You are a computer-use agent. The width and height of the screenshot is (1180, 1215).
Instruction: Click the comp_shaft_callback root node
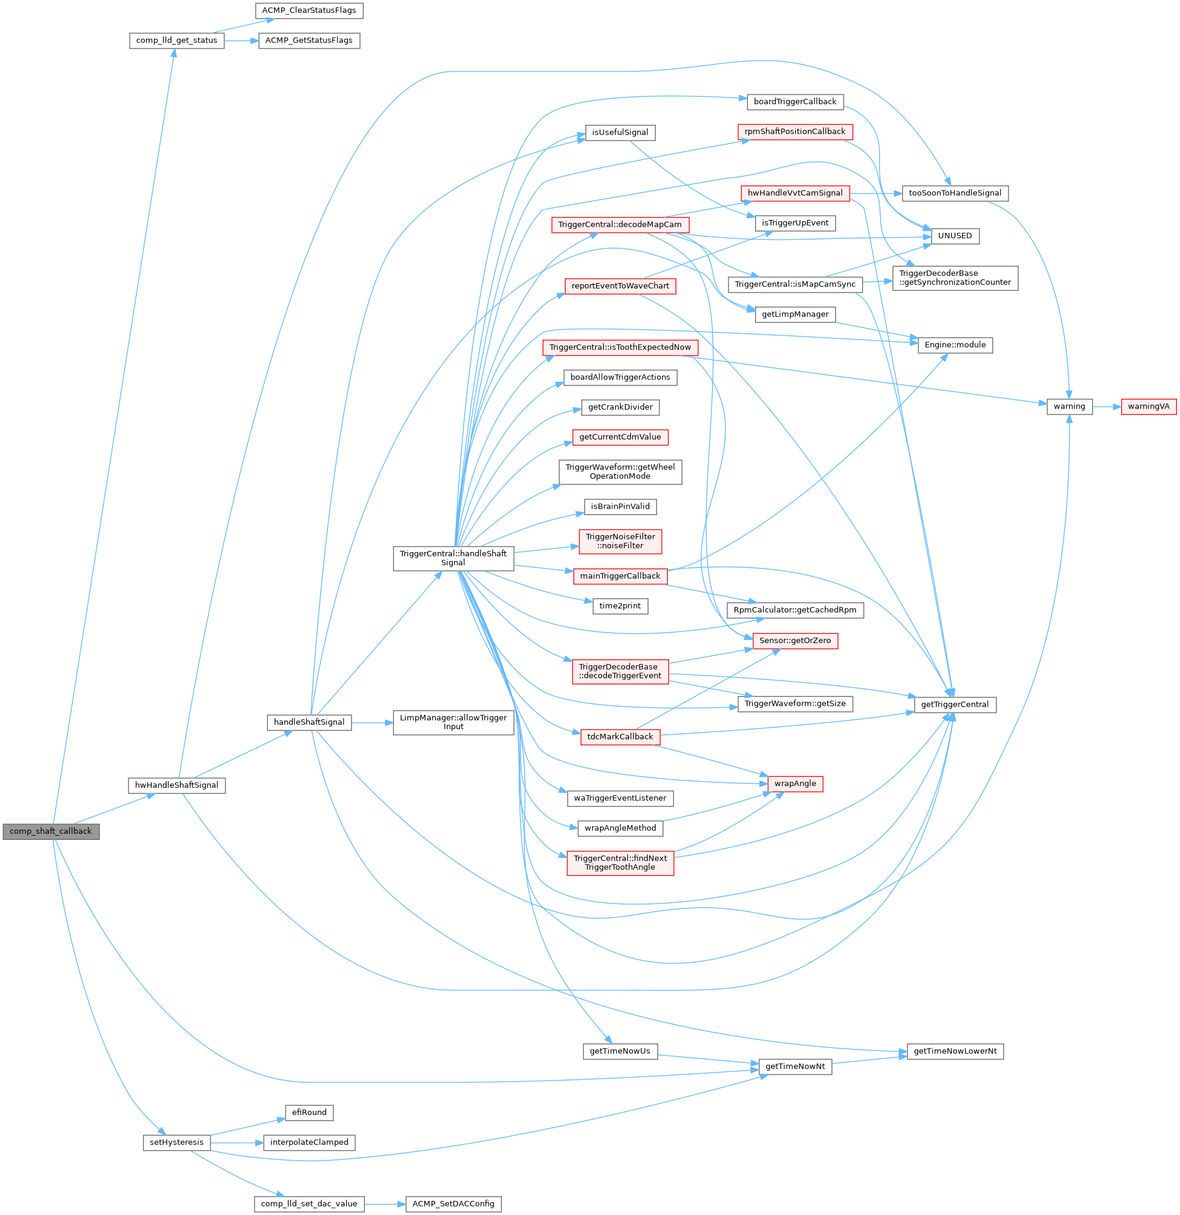pyautogui.click(x=51, y=831)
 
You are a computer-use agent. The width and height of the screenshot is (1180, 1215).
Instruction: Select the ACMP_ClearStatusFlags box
pyautogui.click(x=309, y=10)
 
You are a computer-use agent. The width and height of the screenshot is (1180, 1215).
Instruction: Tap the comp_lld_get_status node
pyautogui.click(x=177, y=40)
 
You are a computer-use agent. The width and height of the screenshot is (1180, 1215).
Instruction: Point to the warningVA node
pyautogui.click(x=1148, y=407)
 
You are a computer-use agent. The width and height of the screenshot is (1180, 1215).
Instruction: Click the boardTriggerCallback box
pyautogui.click(x=795, y=102)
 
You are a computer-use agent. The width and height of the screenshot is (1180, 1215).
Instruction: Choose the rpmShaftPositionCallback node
pyautogui.click(x=795, y=131)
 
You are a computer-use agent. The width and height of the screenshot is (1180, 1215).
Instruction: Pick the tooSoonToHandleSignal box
pyautogui.click(x=955, y=193)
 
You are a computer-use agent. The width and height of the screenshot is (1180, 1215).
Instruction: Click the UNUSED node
pyautogui.click(x=955, y=236)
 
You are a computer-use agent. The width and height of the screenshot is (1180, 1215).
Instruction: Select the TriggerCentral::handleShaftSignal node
pyautogui.click(x=453, y=558)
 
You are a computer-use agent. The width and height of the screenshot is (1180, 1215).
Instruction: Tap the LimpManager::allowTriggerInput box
pyautogui.click(x=453, y=722)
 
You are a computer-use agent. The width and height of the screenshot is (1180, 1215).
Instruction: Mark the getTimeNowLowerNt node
pyautogui.click(x=955, y=1051)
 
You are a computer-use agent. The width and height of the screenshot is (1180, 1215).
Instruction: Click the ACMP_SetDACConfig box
pyautogui.click(x=453, y=1204)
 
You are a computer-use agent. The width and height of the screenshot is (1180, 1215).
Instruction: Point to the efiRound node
pyautogui.click(x=310, y=1113)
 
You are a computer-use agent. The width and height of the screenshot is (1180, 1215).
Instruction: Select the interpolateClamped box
pyautogui.click(x=310, y=1142)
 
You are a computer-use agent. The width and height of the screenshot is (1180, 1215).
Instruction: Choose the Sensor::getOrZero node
pyautogui.click(x=795, y=641)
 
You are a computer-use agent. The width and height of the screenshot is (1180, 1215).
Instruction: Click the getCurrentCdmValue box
pyautogui.click(x=620, y=437)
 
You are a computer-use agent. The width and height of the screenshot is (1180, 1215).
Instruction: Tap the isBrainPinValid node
pyautogui.click(x=620, y=507)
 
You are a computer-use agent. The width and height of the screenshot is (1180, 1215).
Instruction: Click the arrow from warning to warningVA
pyautogui.click(x=1107, y=407)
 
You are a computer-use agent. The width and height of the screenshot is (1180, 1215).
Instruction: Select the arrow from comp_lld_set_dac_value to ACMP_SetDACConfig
pyautogui.click(x=384, y=1204)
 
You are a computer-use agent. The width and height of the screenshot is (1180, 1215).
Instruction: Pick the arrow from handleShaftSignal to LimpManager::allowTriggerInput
pyautogui.click(x=372, y=723)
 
